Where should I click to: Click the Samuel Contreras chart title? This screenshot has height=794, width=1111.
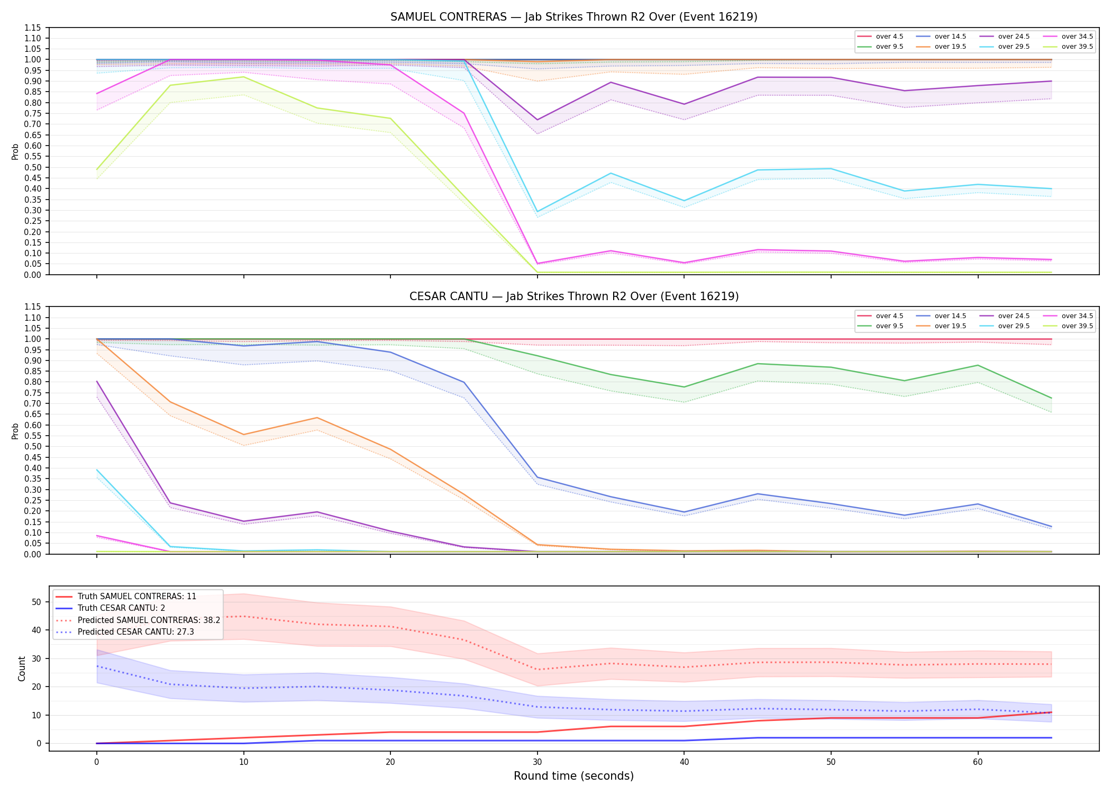coord(574,17)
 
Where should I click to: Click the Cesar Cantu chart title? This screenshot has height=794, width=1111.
coord(574,296)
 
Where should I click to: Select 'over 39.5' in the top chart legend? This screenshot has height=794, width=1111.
coord(1077,47)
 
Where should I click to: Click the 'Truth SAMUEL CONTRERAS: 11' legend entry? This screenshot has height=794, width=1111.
coord(137,597)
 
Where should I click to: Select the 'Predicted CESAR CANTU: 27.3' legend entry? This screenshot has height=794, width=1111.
coord(136,632)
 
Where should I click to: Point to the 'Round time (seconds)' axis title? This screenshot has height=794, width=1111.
coord(573,776)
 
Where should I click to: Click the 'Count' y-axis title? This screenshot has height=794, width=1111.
coord(22,669)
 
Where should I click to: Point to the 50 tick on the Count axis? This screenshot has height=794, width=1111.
coord(37,602)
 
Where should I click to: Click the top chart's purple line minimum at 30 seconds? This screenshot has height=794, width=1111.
coord(538,120)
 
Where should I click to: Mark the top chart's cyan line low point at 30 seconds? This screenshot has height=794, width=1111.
coord(538,212)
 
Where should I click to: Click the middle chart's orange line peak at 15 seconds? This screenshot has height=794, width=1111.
coord(317,418)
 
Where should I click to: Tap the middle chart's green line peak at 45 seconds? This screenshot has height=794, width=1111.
coord(758,364)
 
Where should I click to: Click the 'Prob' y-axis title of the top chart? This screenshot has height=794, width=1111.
coord(15,152)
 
